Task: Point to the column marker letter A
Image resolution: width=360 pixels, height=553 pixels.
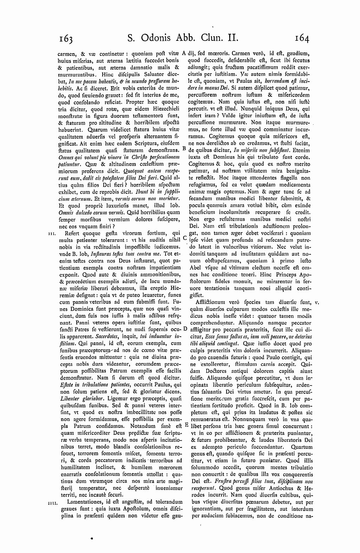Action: [x=184, y=54]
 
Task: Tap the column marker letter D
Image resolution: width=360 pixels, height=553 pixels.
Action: [x=185, y=329]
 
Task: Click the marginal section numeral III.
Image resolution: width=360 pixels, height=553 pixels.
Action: [x=51, y=233]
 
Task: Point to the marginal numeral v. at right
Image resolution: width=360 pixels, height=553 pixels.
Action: [x=317, y=302]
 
